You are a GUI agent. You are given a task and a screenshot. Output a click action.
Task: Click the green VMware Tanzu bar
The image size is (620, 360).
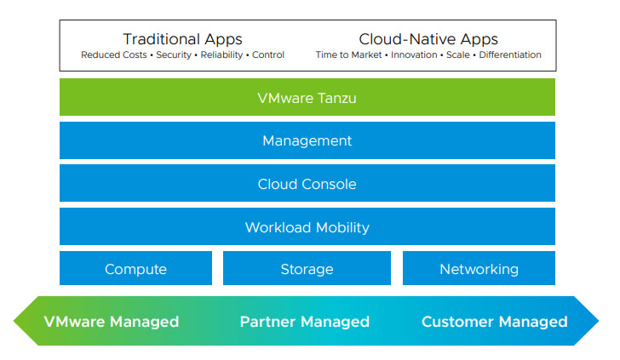pyautogui.click(x=307, y=97)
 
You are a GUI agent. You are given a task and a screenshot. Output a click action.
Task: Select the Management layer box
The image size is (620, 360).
pyautogui.click(x=307, y=140)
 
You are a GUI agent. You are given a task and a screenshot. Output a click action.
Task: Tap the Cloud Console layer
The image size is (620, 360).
pyautogui.click(x=307, y=183)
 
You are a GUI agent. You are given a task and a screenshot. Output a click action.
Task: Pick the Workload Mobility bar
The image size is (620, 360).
pyautogui.click(x=307, y=226)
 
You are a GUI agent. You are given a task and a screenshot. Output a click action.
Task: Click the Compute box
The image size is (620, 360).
pyautogui.click(x=135, y=268)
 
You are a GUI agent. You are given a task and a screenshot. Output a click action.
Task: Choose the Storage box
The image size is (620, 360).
pyautogui.click(x=307, y=268)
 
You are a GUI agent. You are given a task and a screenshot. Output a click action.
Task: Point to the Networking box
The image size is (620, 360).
pyautogui.click(x=479, y=268)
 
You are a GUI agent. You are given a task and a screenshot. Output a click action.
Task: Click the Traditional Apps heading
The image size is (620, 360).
pyautogui.click(x=182, y=39)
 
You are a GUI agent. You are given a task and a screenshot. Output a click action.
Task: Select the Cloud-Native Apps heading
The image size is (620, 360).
pyautogui.click(x=428, y=39)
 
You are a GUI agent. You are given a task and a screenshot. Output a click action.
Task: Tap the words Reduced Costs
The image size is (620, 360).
pyautogui.click(x=114, y=54)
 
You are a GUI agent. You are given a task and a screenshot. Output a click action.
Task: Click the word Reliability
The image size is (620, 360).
pyautogui.click(x=221, y=55)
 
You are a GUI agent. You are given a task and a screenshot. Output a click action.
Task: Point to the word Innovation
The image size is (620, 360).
pyautogui.click(x=414, y=54)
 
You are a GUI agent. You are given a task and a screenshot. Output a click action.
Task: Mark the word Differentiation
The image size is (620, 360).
pyautogui.click(x=510, y=54)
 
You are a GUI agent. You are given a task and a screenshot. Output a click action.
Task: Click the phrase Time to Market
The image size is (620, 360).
pyautogui.click(x=349, y=54)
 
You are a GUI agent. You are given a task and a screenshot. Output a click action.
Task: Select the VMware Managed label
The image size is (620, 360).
pyautogui.click(x=112, y=322)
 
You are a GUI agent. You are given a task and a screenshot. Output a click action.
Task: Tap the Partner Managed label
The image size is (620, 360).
pyautogui.click(x=305, y=322)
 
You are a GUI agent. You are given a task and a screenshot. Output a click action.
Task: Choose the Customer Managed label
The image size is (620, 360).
pyautogui.click(x=495, y=322)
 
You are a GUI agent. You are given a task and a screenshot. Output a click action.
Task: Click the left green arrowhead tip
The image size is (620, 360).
pyautogui.click(x=14, y=321)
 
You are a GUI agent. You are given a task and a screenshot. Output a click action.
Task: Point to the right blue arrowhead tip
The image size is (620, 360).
pyautogui.click(x=599, y=321)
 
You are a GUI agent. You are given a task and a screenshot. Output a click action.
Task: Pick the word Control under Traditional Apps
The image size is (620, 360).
pyautogui.click(x=268, y=54)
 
